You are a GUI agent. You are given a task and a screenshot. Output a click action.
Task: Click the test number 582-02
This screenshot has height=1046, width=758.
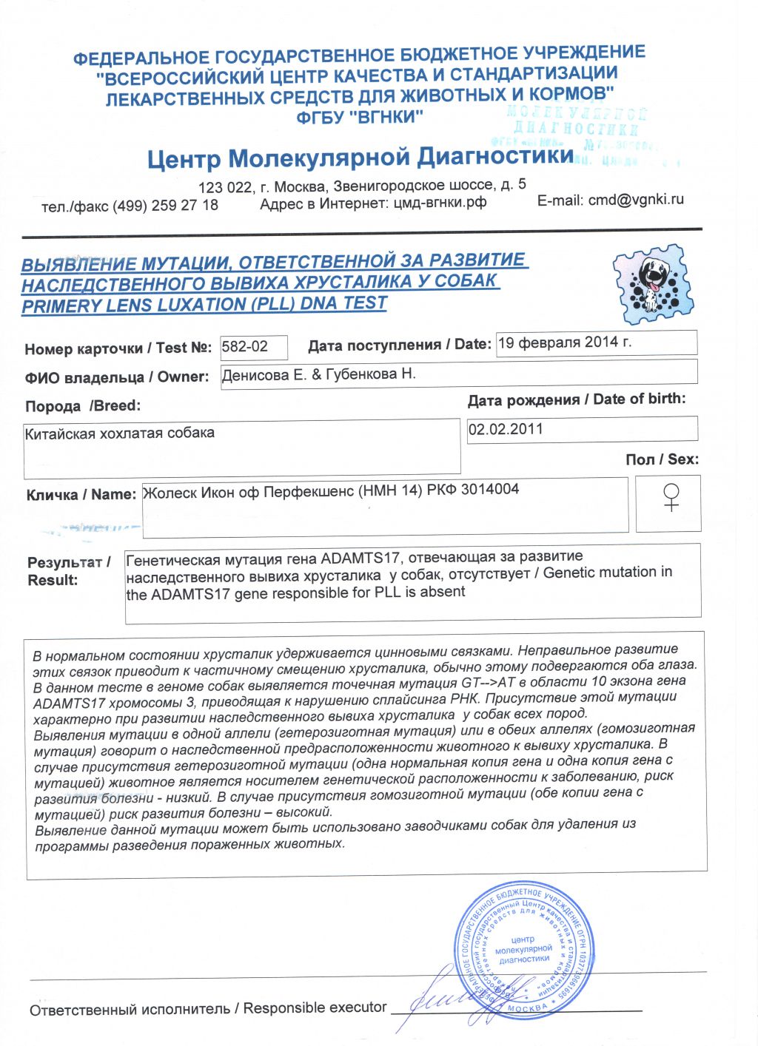(245, 346)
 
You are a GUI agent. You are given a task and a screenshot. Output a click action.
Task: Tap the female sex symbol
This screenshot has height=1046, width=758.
(671, 497)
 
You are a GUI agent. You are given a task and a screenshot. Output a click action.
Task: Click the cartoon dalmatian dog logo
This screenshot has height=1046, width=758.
(654, 285)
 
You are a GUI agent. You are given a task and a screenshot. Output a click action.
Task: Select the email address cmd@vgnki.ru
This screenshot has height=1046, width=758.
(636, 200)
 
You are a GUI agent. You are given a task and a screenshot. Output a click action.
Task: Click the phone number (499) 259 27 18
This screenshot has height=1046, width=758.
(165, 206)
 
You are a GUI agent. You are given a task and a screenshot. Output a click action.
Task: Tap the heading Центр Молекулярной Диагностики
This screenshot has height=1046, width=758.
(360, 158)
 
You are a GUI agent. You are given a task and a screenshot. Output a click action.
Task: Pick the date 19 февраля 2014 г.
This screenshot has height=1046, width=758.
(565, 343)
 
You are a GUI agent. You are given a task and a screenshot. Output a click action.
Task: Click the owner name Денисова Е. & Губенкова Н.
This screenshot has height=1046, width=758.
(319, 374)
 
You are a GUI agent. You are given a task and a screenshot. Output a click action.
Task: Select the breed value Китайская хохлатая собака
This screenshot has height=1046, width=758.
(120, 433)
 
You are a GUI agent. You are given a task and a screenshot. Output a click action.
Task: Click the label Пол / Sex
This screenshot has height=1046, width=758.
(662, 459)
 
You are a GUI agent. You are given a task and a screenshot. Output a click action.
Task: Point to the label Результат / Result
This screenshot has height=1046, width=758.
(68, 571)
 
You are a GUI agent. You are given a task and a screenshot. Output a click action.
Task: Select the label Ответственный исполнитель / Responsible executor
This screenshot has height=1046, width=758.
(208, 1008)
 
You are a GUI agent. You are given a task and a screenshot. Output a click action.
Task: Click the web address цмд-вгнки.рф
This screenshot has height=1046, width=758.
(440, 202)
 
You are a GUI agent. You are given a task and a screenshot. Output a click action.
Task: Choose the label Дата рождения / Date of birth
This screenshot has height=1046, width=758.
(577, 399)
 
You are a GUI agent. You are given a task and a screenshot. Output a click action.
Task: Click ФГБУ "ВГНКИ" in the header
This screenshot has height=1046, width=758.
(360, 117)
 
